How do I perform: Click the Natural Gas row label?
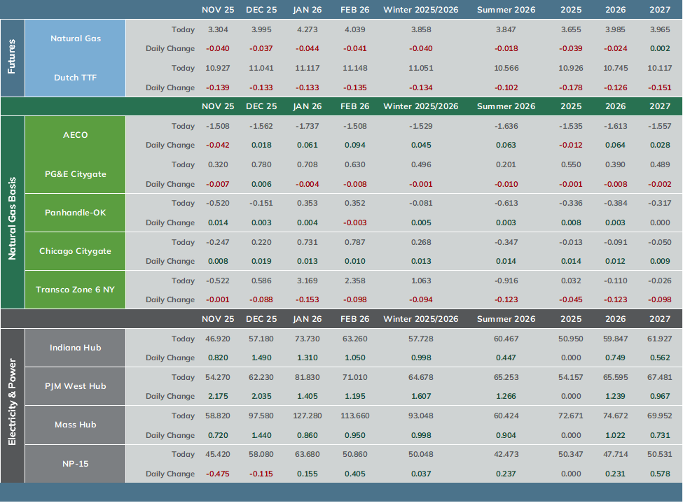pos(76,38)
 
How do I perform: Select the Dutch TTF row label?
pos(76,78)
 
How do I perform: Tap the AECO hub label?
pos(76,135)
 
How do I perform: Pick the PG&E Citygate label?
pos(76,174)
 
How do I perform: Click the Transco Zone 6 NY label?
pos(76,290)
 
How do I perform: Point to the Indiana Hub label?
pos(76,348)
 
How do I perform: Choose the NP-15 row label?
pos(76,464)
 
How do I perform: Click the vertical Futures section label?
pos(12,57)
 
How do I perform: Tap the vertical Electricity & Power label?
pos(12,402)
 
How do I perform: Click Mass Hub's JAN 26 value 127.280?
pos(307,416)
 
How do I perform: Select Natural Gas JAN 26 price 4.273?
pos(307,29)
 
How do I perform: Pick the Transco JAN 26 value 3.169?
pos(307,281)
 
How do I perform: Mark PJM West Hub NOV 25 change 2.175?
pos(218,397)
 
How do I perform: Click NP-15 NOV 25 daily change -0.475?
pos(218,474)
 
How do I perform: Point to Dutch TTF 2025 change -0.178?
pos(571,87)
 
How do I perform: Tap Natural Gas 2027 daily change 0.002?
pos(660,49)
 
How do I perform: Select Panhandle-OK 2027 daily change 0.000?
pos(660,222)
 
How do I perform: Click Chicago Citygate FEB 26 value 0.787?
pos(355,242)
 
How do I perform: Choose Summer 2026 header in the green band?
pos(506,106)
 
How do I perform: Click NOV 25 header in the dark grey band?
pos(218,319)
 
